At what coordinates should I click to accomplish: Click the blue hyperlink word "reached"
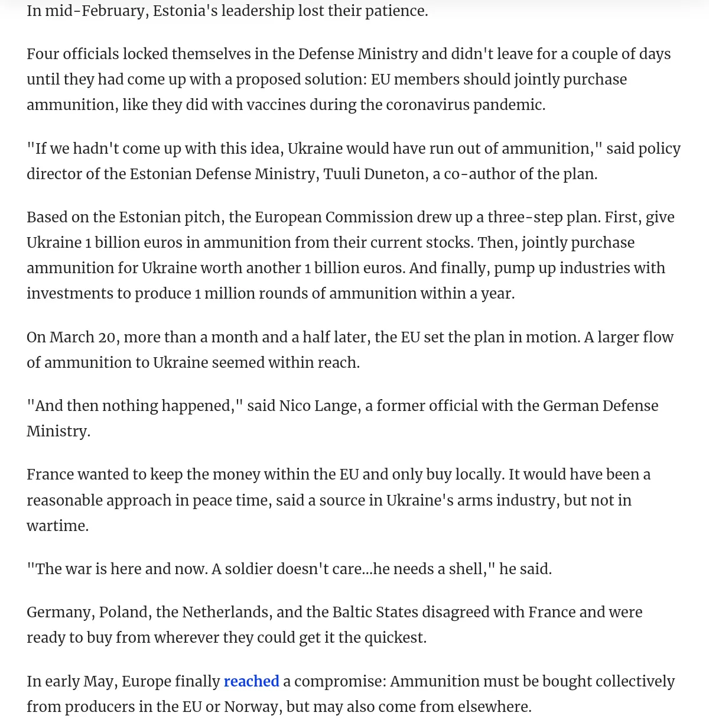pos(251,681)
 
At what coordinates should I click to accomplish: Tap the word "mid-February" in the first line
pos(95,11)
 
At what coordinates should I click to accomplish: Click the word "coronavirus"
pos(427,105)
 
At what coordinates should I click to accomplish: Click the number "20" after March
pos(106,337)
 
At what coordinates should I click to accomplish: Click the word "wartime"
pos(57,526)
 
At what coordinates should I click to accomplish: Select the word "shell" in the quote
pos(467,569)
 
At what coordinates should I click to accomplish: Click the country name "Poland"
pos(124,612)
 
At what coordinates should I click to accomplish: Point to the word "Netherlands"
pos(226,612)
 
